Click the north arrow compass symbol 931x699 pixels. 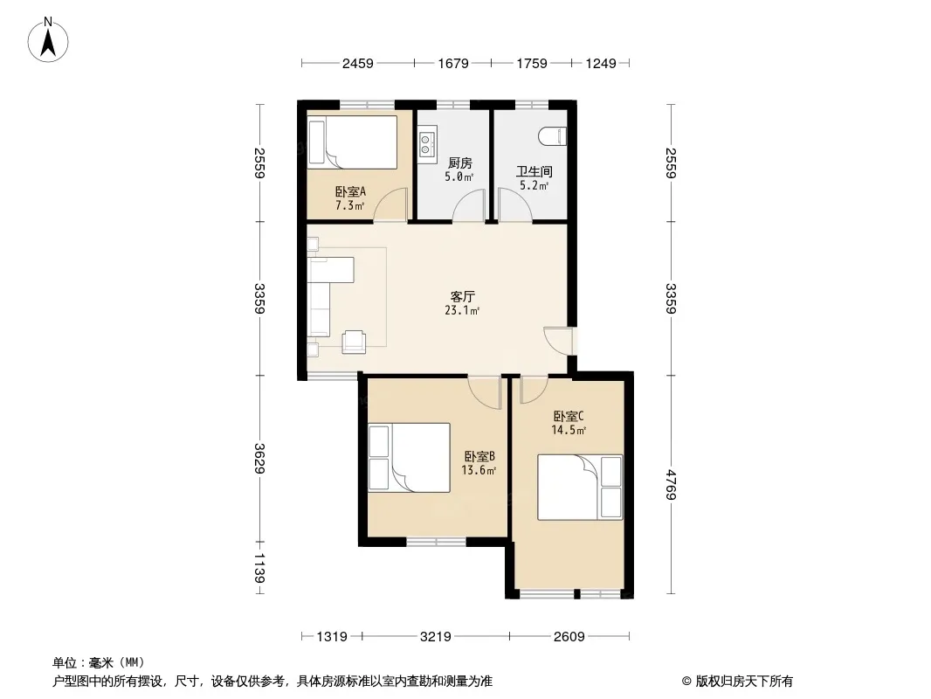48,39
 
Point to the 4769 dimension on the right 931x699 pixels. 671,485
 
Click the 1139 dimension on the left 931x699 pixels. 259,568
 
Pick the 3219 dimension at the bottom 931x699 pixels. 436,637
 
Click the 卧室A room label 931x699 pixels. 350,191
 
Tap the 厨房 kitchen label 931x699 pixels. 459,163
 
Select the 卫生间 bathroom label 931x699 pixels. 534,171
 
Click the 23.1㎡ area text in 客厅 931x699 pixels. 462,310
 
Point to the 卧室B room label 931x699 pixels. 479,456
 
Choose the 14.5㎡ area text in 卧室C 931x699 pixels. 569,430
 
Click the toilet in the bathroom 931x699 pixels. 553,137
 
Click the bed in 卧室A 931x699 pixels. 352,142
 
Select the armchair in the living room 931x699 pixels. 354,342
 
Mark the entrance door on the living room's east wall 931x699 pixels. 558,341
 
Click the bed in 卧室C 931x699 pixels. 580,487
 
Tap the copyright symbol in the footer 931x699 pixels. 686,682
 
